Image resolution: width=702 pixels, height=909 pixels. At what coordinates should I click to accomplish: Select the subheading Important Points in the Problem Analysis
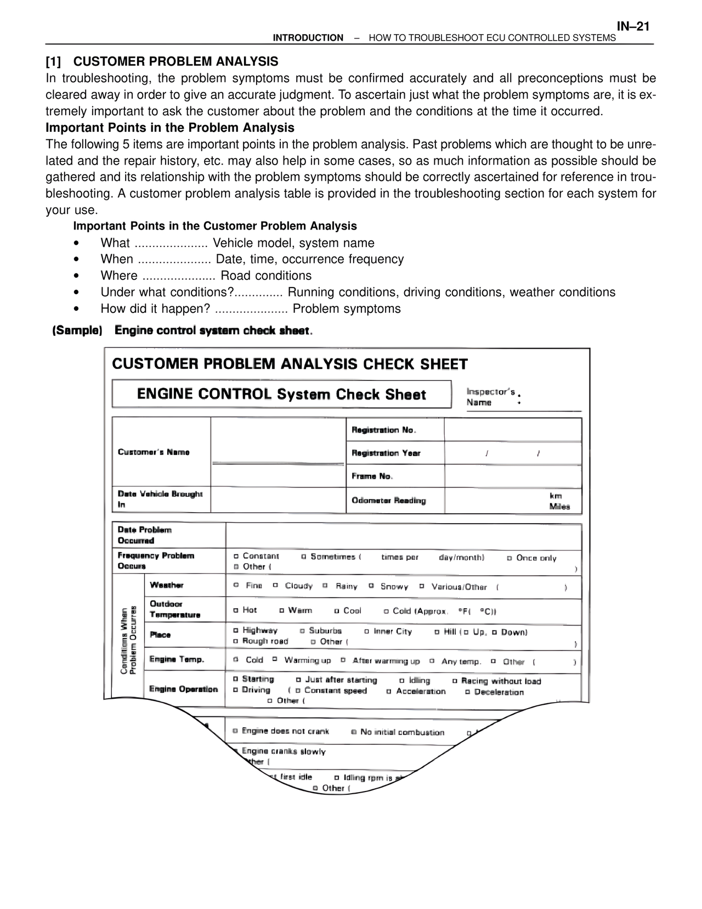tap(170, 128)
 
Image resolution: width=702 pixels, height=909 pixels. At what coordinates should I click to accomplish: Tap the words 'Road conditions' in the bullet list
tap(266, 276)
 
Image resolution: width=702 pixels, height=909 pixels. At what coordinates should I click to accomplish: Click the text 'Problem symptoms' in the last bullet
tap(347, 308)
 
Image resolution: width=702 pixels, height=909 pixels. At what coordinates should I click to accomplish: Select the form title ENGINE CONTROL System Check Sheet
tap(281, 394)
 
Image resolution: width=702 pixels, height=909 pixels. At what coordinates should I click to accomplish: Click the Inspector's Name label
tap(490, 397)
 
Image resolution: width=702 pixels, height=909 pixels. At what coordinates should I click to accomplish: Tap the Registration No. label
tap(384, 430)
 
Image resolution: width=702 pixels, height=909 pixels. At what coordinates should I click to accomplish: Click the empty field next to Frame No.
tap(512, 476)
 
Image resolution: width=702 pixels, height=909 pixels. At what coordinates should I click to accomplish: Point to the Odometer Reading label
tap(389, 500)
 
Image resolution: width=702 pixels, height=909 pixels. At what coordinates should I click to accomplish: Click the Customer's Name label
tap(154, 452)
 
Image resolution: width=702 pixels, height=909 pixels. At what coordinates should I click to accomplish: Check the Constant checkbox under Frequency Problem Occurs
tap(236, 557)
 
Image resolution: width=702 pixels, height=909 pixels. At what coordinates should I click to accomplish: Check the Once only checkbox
tap(509, 558)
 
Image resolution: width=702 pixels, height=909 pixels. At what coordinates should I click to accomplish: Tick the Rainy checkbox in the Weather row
tap(325, 586)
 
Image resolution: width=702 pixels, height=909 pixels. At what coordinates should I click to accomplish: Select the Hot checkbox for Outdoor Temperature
tap(236, 610)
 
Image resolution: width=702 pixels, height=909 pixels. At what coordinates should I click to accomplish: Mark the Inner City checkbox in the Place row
tap(367, 632)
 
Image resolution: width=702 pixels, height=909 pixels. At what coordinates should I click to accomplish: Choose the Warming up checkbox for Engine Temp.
tap(275, 660)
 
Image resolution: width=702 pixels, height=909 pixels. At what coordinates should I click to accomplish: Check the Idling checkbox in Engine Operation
tap(402, 681)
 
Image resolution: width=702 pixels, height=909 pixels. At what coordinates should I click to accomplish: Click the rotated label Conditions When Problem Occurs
tap(128, 639)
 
